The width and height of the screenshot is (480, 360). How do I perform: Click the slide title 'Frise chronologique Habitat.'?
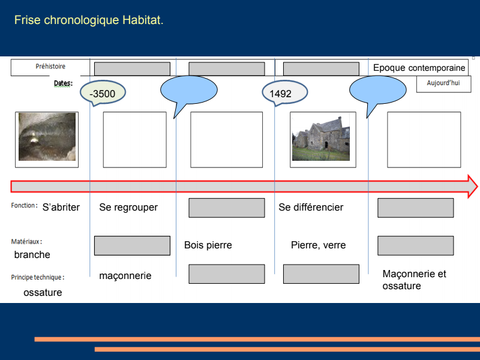click(x=89, y=20)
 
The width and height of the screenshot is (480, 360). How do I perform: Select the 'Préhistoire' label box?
click(x=50, y=67)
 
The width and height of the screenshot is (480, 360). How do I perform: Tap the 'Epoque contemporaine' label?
click(x=419, y=68)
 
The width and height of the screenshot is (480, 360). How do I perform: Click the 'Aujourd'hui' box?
click(x=443, y=83)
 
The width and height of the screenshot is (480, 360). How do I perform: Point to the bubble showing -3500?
click(x=102, y=94)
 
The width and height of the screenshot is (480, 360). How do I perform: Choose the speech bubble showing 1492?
click(x=283, y=94)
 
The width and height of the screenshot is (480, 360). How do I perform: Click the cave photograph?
click(x=47, y=139)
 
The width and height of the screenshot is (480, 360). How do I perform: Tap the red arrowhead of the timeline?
click(x=472, y=187)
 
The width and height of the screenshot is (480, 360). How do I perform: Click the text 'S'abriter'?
click(x=61, y=208)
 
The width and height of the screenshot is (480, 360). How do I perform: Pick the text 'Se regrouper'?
click(x=128, y=208)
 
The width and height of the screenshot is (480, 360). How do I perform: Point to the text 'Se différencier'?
click(x=311, y=208)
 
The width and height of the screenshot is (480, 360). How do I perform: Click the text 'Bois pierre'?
click(x=208, y=245)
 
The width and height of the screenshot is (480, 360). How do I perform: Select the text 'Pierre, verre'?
click(x=318, y=245)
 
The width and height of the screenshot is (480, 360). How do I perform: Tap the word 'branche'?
click(x=32, y=255)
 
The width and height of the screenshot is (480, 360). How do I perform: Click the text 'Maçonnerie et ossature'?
click(x=414, y=280)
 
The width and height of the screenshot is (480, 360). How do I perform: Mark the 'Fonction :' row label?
click(x=24, y=206)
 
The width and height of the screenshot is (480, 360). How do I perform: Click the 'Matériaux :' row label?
click(x=26, y=241)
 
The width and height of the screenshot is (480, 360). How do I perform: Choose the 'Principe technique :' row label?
click(x=37, y=277)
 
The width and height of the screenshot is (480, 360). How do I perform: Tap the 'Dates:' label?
click(x=63, y=83)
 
